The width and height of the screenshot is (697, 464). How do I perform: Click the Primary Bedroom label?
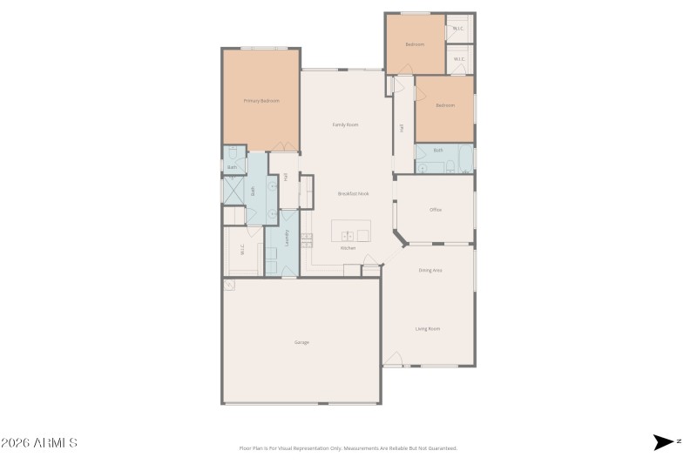[x=261, y=101]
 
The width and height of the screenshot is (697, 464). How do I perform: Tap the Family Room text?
[x=345, y=124]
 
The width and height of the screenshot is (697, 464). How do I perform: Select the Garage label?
[x=301, y=342]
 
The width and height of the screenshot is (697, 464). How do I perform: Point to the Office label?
[x=436, y=210]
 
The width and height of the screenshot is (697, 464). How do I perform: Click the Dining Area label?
[x=430, y=271]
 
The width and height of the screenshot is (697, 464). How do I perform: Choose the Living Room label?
[x=427, y=328]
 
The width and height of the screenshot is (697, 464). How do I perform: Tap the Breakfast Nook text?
[x=352, y=193]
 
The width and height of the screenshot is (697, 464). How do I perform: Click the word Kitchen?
[x=348, y=248]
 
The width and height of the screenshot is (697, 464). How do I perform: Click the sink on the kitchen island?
[x=347, y=235]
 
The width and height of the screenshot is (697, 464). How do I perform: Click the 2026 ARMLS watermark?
[x=39, y=443]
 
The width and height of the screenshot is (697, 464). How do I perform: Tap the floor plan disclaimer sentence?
[x=348, y=448]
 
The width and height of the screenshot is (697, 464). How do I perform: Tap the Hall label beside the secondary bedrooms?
[x=402, y=128]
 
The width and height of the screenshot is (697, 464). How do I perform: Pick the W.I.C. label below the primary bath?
[x=242, y=251]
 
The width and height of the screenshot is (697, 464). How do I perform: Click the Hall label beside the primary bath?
[x=285, y=177]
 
